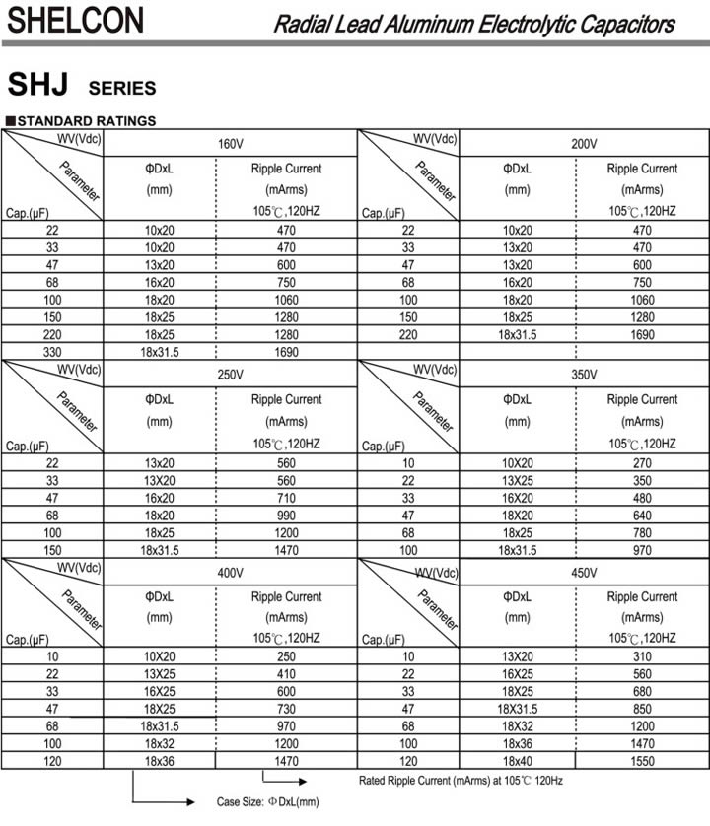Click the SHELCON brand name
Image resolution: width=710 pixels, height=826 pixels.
tap(75, 20)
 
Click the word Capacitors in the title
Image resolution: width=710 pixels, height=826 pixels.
tap(627, 24)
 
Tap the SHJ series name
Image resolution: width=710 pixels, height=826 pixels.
tap(37, 86)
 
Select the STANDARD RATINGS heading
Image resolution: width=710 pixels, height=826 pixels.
tap(86, 121)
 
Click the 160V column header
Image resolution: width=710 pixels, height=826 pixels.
tap(230, 144)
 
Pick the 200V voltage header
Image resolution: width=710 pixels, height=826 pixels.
tap(585, 144)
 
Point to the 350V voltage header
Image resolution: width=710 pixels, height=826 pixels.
tap(585, 376)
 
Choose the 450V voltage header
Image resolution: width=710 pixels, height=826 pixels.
tap(585, 573)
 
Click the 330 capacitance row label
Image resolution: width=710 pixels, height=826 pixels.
tap(52, 351)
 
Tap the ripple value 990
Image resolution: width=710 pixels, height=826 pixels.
tap(286, 515)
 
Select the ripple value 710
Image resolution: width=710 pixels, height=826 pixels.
tap(286, 498)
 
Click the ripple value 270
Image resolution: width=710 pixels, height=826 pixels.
tap(642, 463)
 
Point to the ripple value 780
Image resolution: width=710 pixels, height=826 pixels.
tap(642, 532)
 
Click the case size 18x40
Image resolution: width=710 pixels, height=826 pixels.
tap(518, 763)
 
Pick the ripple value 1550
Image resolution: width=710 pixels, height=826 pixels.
tap(642, 763)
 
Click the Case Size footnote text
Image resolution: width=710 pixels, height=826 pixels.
tap(268, 802)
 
